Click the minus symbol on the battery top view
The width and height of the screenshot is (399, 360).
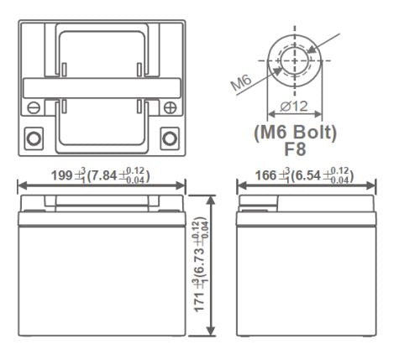point(33,107)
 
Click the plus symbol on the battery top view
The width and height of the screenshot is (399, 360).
point(170,107)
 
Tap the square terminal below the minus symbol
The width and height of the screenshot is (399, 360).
point(34,137)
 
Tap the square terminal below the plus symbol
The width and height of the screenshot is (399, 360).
point(169,137)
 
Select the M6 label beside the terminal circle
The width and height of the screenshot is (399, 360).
point(243,83)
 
